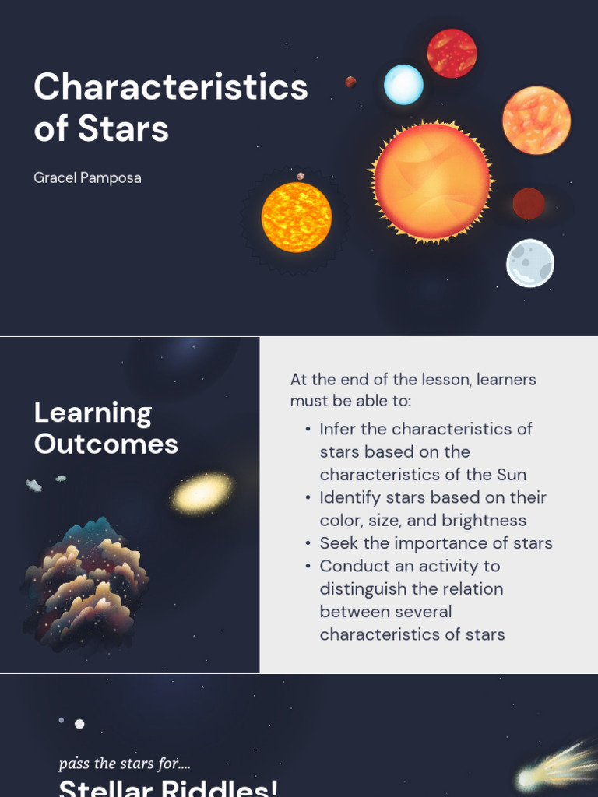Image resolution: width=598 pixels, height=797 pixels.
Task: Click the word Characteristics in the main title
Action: tap(171, 86)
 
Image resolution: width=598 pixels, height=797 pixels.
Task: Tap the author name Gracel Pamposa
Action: tap(87, 177)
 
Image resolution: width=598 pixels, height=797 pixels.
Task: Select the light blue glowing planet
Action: tap(403, 85)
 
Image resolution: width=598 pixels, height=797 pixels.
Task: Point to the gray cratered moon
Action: tap(530, 263)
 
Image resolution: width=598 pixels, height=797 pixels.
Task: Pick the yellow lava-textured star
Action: tap(296, 217)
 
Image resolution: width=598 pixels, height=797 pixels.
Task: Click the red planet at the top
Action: tap(452, 53)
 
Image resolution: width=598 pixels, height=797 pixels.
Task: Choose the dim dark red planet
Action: tap(529, 204)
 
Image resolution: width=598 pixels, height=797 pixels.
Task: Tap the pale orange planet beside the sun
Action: tap(536, 120)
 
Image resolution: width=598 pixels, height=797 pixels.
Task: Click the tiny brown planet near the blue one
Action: tap(351, 82)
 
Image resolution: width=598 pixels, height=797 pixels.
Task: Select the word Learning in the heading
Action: tap(93, 413)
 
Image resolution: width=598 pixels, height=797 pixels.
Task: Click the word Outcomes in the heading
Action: tap(106, 444)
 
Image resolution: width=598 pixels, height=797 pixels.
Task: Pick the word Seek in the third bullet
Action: tap(338, 543)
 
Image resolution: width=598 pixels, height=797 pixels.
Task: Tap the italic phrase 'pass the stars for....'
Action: tap(125, 764)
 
